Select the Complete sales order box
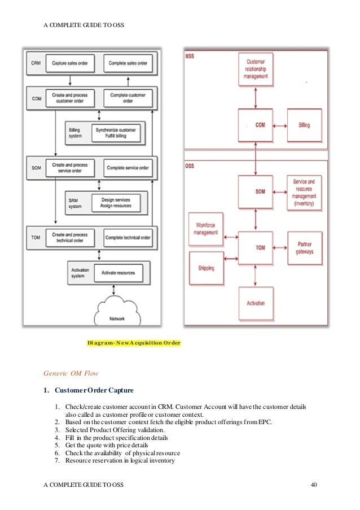click(x=128, y=63)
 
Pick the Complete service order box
click(x=128, y=168)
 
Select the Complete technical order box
click(x=128, y=238)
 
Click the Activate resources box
click(x=118, y=273)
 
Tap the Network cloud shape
click(x=117, y=313)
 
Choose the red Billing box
click(x=304, y=125)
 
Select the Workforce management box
click(x=205, y=229)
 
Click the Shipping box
click(x=205, y=269)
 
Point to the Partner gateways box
click(x=304, y=248)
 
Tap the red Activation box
click(x=256, y=303)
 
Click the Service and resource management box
click(x=304, y=192)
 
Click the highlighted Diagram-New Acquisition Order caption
click(x=134, y=343)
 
